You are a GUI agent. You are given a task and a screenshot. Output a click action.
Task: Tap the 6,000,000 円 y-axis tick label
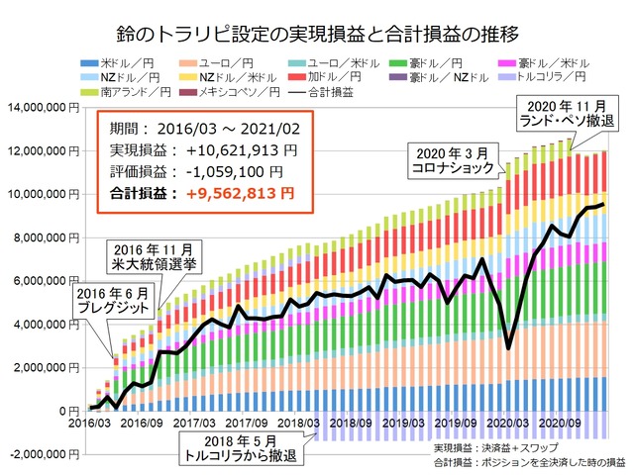point(46,280)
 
